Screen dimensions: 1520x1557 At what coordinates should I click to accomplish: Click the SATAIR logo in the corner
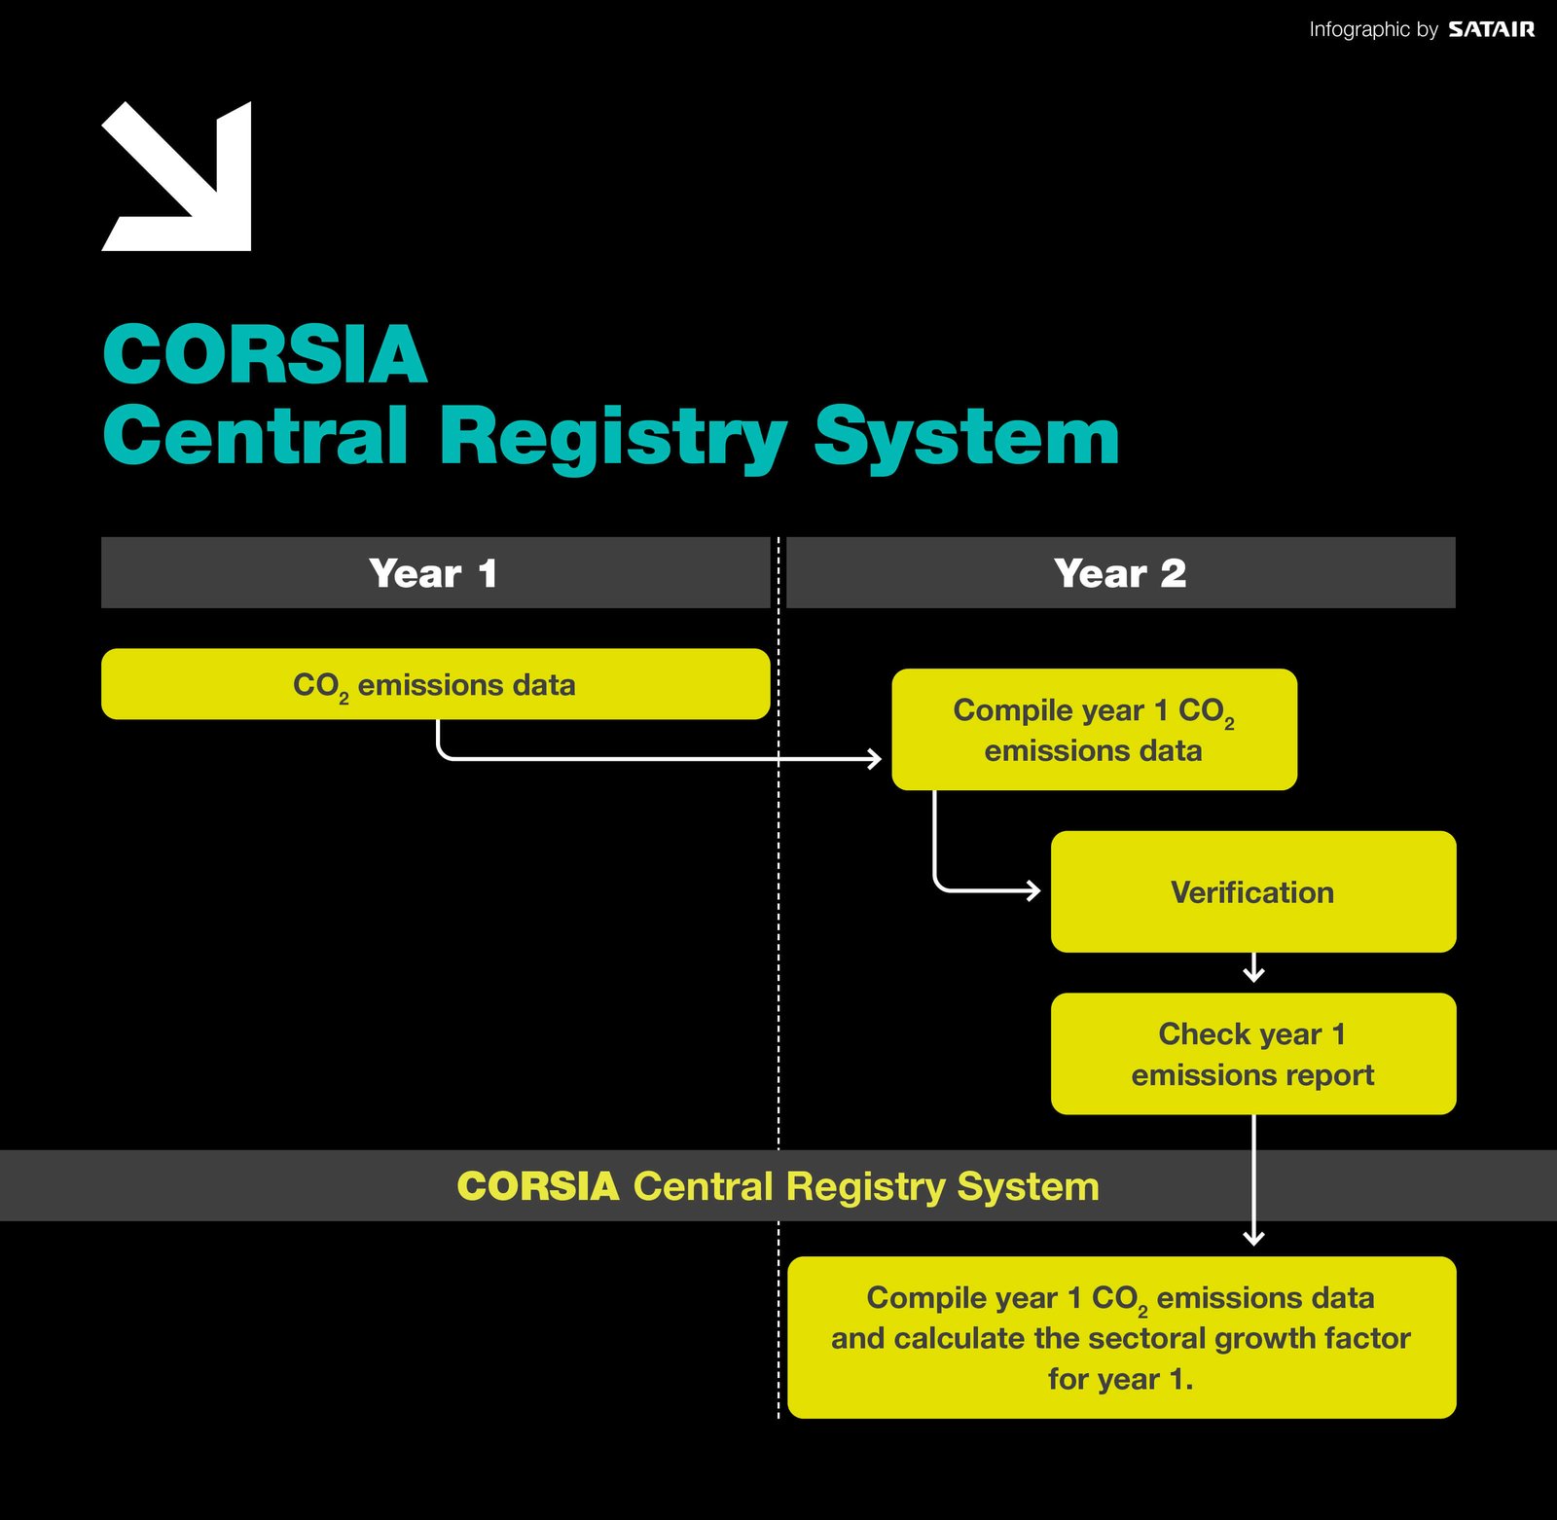click(1491, 29)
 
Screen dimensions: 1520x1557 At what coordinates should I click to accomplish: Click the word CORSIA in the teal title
click(265, 354)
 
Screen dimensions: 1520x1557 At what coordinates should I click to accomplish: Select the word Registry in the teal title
click(612, 438)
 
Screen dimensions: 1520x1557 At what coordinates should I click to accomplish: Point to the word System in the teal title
click(966, 438)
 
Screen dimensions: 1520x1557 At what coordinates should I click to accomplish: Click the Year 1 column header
click(435, 573)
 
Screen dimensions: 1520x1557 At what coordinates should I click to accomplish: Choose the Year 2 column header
click(1120, 573)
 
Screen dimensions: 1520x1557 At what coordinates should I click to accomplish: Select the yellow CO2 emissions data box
click(435, 684)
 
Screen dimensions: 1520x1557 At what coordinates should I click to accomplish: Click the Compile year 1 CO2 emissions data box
click(1094, 729)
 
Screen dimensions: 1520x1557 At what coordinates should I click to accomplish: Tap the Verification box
click(1252, 891)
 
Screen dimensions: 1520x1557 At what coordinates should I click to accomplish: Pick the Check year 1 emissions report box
click(1252, 1054)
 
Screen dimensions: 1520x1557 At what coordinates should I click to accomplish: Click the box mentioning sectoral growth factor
click(1121, 1337)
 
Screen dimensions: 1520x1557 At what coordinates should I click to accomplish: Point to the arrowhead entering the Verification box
click(1034, 889)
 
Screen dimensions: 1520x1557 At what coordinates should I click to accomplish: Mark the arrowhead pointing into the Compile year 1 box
click(876, 758)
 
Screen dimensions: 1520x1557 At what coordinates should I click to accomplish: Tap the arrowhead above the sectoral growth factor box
click(1253, 1238)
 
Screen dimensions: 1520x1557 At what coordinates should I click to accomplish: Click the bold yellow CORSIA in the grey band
click(538, 1186)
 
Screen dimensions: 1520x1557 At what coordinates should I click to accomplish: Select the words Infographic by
click(1373, 29)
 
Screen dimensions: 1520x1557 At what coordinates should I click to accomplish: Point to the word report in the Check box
click(1333, 1075)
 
